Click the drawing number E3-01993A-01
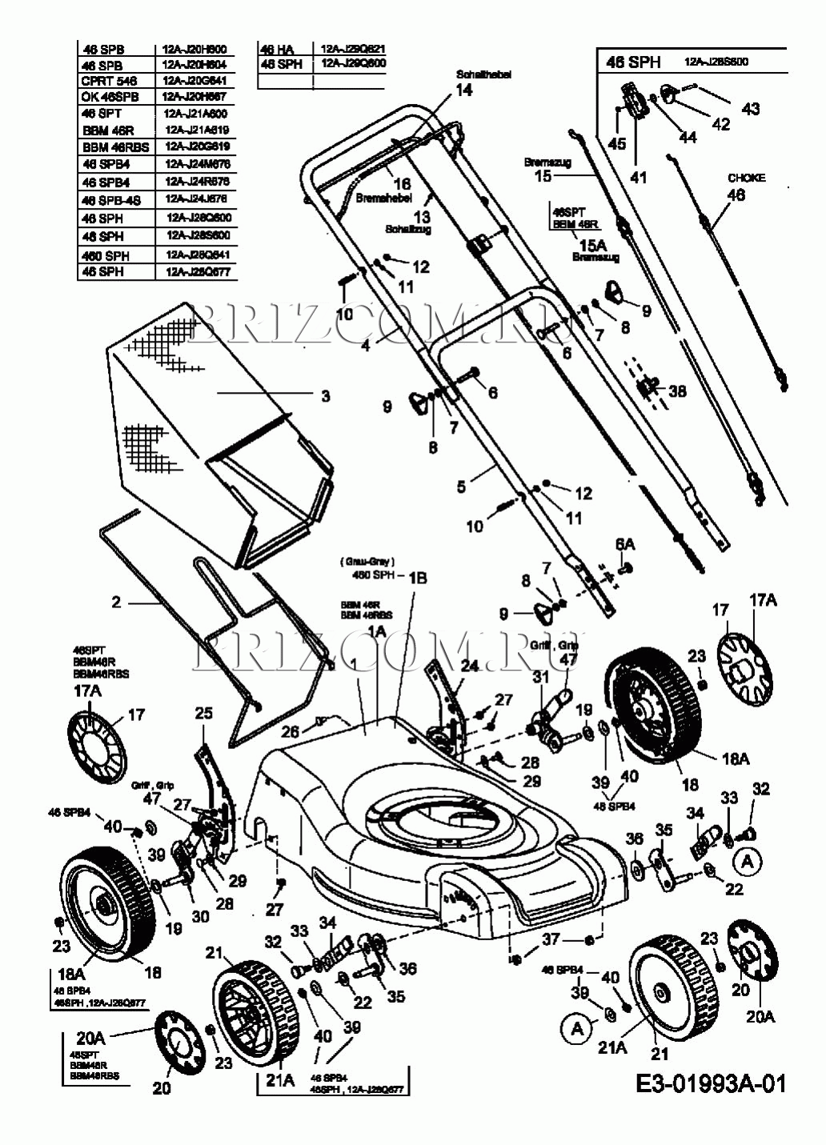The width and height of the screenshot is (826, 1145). coord(712,1083)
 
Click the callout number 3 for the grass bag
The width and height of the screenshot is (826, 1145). coord(325,394)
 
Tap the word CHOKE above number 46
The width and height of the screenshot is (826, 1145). coord(746,178)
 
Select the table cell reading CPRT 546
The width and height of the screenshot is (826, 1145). coord(109,81)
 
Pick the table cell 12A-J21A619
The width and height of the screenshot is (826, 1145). coord(196,130)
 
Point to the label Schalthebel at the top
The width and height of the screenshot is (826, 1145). coord(483,74)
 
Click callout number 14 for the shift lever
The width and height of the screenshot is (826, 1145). coord(464,90)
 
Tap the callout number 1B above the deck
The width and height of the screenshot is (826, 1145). coord(419,577)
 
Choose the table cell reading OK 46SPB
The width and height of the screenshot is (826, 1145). coord(110,97)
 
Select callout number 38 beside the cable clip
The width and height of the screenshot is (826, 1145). coord(678,391)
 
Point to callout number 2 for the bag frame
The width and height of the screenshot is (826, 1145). coord(116,602)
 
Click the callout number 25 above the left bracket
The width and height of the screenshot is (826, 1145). coord(204,713)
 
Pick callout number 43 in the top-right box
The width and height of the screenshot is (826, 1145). coord(750,109)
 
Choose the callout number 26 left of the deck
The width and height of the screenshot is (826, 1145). coord(289,731)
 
